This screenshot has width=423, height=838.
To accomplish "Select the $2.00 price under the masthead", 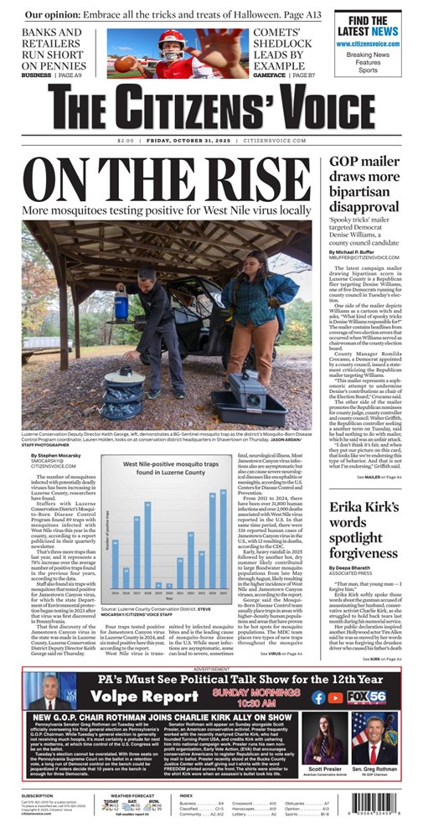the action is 126,140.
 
